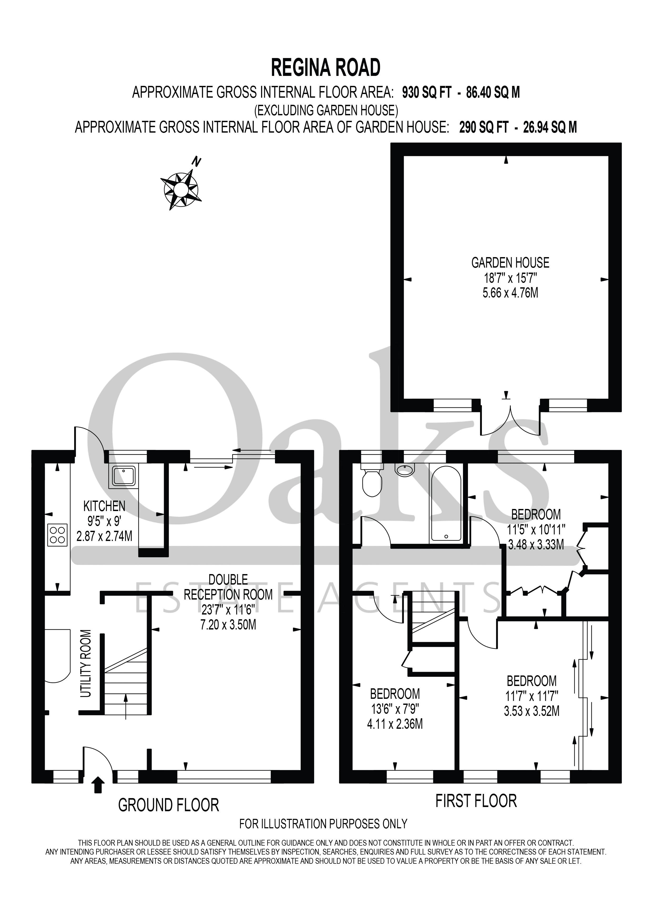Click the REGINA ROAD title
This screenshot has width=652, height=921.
tap(325, 68)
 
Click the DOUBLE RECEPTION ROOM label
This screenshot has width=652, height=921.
tap(228, 587)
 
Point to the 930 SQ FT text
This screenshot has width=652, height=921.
tap(427, 93)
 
